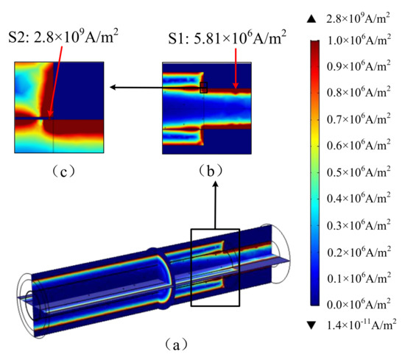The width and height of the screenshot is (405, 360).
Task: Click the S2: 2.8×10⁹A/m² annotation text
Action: tap(63, 36)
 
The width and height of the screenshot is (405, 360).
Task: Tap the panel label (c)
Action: tap(64, 172)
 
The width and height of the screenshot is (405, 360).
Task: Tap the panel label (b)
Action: tap(211, 171)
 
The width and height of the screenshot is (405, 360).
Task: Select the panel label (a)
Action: tap(176, 345)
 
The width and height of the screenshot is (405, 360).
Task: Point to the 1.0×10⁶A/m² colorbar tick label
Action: tap(359, 40)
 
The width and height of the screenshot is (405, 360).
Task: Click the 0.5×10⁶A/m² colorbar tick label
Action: tap(359, 172)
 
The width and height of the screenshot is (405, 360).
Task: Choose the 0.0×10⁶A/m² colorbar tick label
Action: tap(359, 304)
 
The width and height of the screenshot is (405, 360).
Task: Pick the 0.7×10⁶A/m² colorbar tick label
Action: tap(359, 119)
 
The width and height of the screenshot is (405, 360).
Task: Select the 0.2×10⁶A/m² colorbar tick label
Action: tap(359, 252)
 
